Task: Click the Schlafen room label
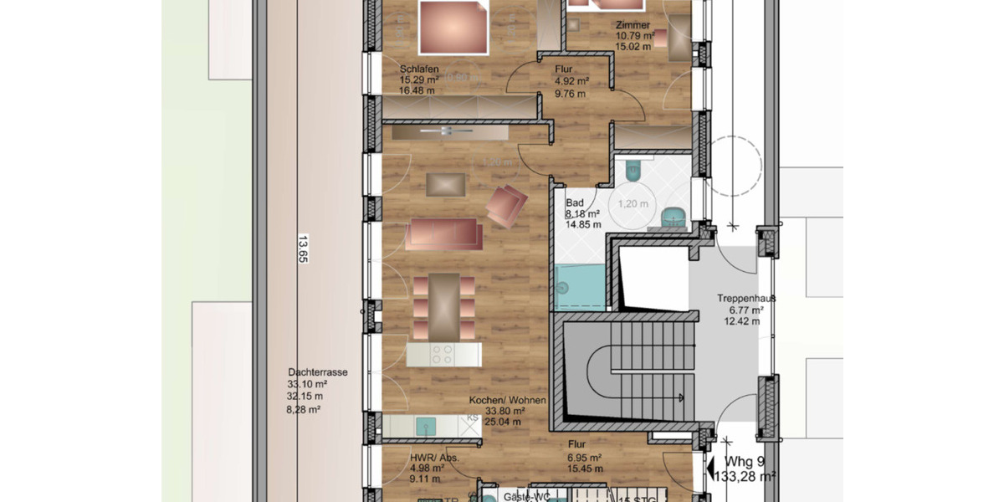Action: (419, 69)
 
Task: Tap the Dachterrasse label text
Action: (317, 373)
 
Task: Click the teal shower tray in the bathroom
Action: (578, 287)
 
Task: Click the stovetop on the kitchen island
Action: (444, 355)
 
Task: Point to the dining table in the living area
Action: (444, 301)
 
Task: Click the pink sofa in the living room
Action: (444, 234)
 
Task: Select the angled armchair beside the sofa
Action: (506, 205)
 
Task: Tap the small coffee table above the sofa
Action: (444, 183)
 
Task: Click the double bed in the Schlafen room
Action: (453, 27)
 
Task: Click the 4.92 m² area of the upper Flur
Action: (572, 82)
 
